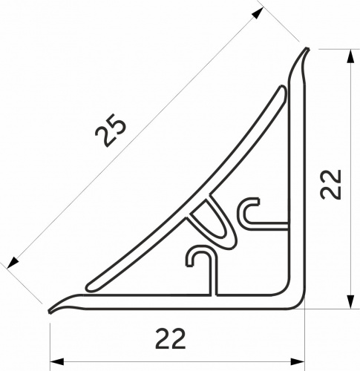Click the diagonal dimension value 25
(111, 133)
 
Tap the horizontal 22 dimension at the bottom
(171, 338)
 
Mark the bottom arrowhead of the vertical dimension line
(347, 304)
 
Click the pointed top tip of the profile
(307, 50)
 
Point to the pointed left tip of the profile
(50, 309)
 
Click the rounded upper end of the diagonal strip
(282, 91)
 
